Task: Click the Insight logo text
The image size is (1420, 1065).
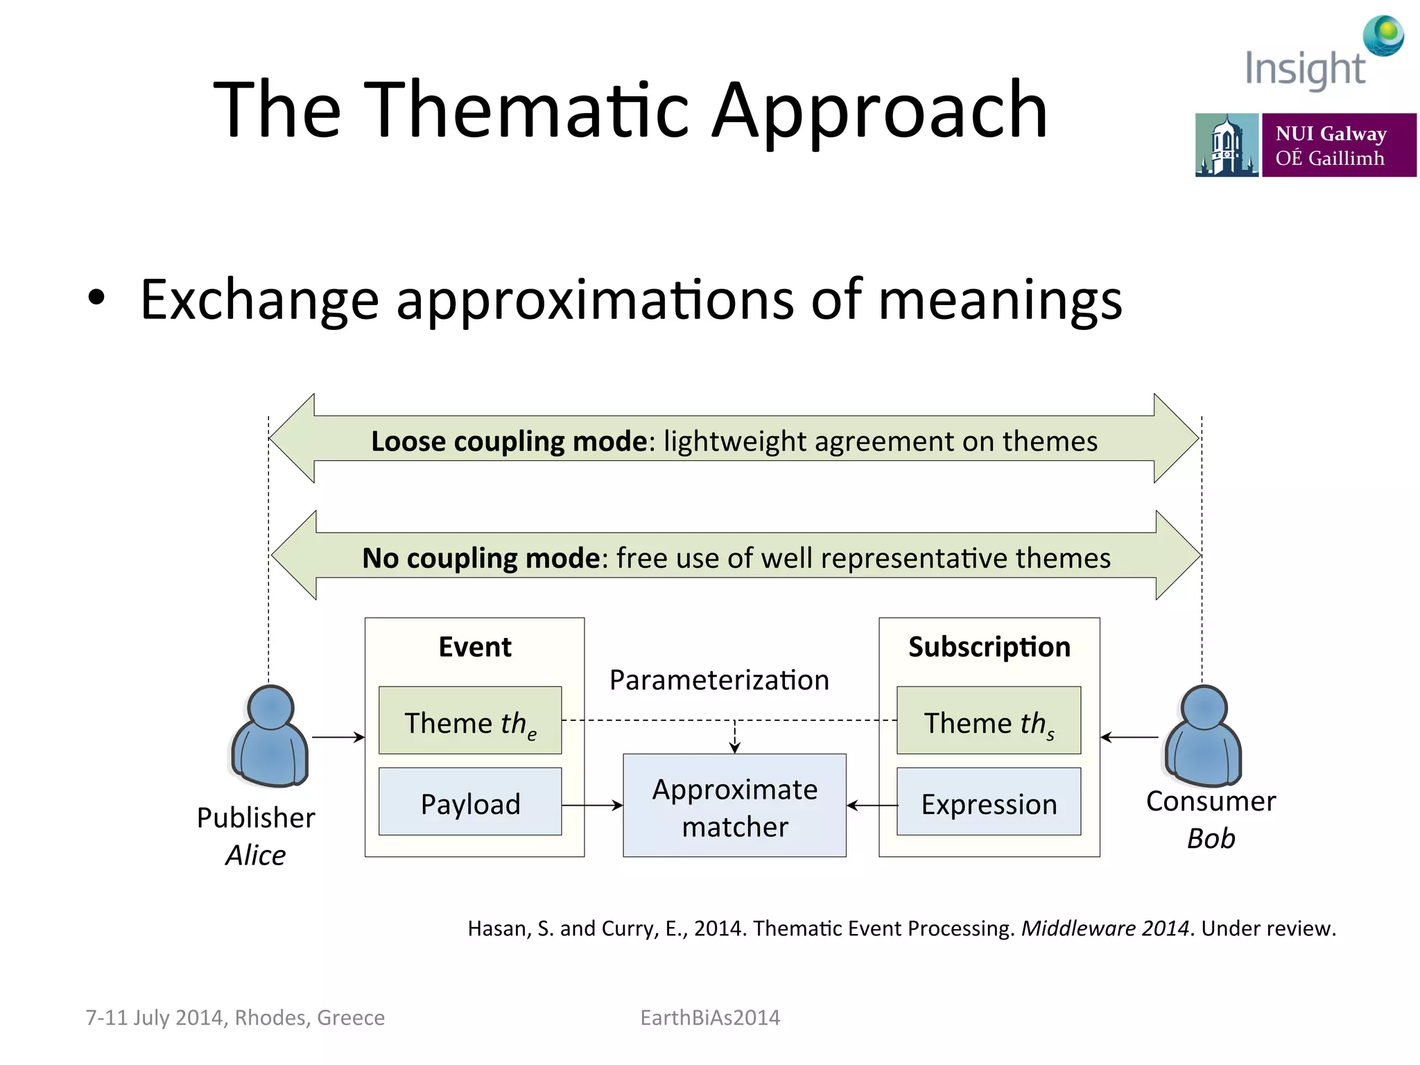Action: pyautogui.click(x=1305, y=69)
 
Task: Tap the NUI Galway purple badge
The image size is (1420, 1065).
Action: pyautogui.click(x=1338, y=145)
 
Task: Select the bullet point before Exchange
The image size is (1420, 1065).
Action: pyautogui.click(x=96, y=298)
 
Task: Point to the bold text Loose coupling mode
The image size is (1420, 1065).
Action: pyautogui.click(x=509, y=441)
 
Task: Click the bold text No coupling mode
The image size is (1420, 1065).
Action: pyautogui.click(x=480, y=558)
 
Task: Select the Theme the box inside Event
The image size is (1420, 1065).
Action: pyautogui.click(x=470, y=720)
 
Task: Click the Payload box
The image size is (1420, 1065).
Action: pyautogui.click(x=470, y=802)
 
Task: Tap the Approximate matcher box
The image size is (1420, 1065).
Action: pyautogui.click(x=734, y=806)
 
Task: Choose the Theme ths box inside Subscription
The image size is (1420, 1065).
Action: pyautogui.click(x=988, y=720)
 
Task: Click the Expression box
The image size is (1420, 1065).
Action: pyautogui.click(x=988, y=802)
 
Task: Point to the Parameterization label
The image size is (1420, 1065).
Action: pyautogui.click(x=719, y=679)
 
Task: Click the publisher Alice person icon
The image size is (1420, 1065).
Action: pyautogui.click(x=269, y=737)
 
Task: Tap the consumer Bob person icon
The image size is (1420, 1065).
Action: pyautogui.click(x=1204, y=737)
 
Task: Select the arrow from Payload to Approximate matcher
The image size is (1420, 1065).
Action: pyautogui.click(x=592, y=805)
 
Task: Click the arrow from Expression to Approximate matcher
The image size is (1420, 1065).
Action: pyautogui.click(x=872, y=805)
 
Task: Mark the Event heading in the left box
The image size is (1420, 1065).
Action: pyautogui.click(x=475, y=647)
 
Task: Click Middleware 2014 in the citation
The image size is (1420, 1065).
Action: pyautogui.click(x=1105, y=928)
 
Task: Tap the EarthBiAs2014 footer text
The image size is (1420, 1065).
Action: pyautogui.click(x=710, y=1017)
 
